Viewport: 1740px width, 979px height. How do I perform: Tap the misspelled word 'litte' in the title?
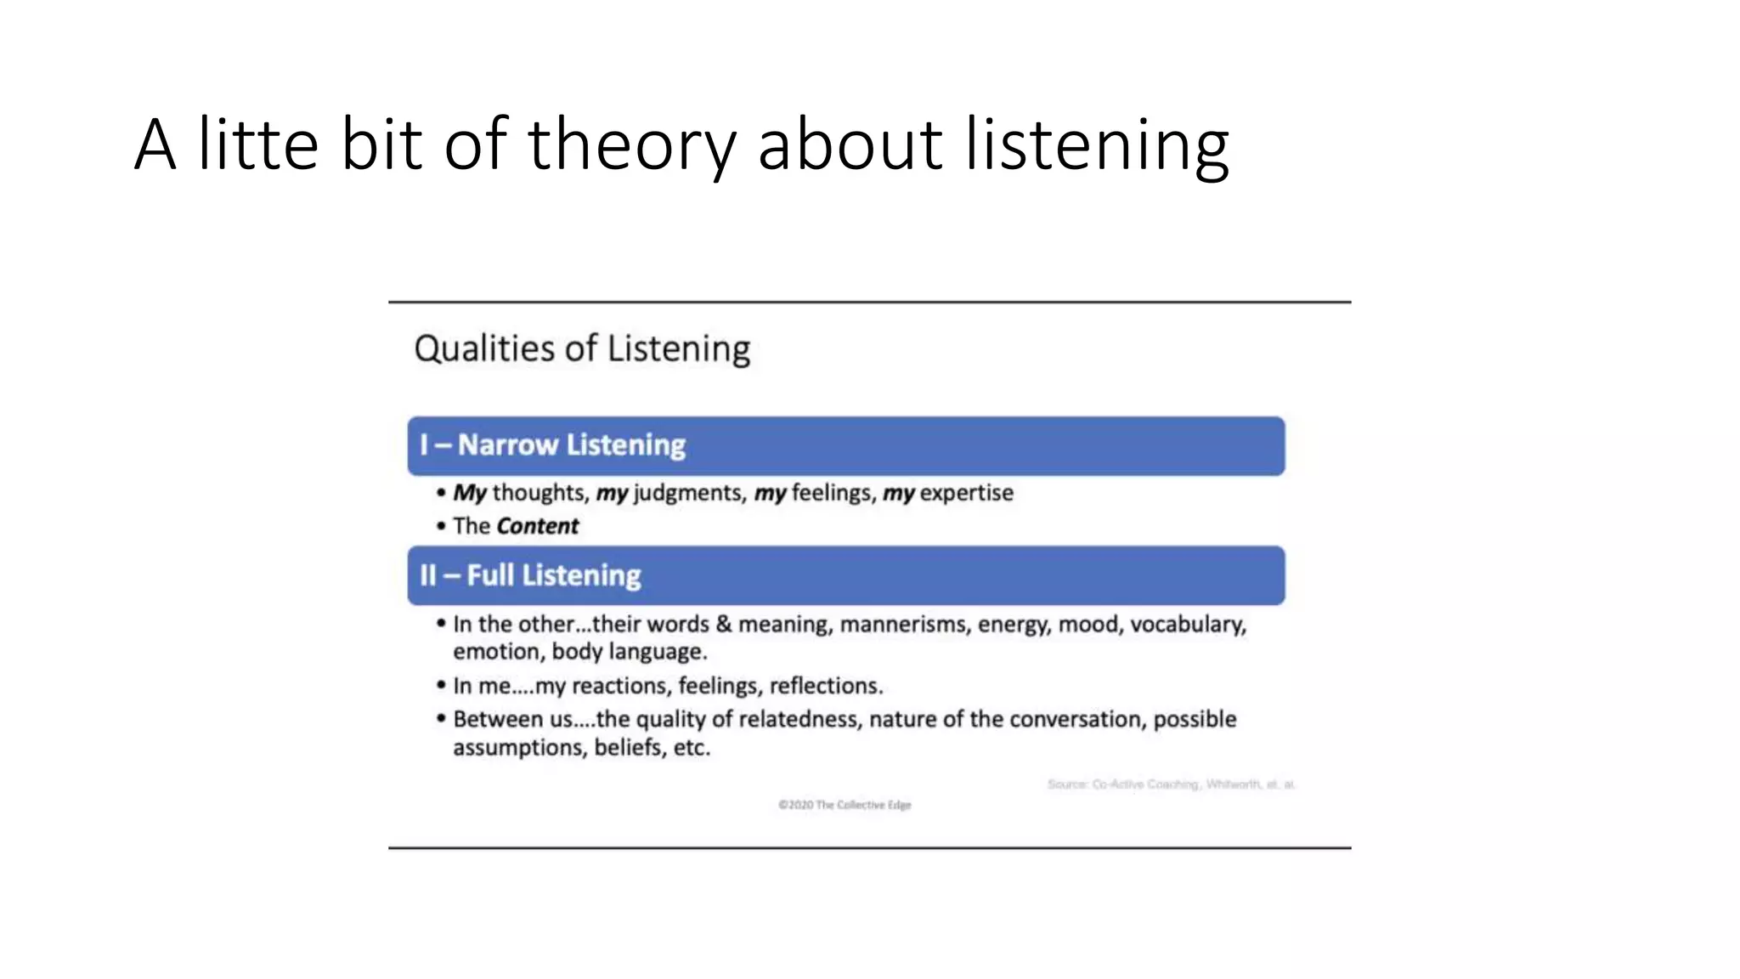point(258,144)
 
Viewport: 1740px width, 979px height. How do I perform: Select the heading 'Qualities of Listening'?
point(582,349)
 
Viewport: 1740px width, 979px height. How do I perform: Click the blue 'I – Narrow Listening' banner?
point(845,446)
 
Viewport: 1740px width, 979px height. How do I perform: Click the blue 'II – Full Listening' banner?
point(845,575)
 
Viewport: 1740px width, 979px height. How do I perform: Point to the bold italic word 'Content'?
point(537,526)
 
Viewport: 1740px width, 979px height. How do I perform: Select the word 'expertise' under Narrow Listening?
point(966,493)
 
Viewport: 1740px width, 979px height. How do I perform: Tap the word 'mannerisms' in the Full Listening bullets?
point(904,625)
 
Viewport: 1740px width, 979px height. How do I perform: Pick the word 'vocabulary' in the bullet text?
point(1187,625)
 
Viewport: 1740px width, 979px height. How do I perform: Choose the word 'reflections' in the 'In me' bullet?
point(825,686)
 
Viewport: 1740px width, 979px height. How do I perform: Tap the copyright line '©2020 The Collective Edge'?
point(845,805)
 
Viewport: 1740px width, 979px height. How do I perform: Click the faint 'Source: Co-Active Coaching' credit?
point(1171,784)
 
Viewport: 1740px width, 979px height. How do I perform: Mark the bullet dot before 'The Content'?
point(441,526)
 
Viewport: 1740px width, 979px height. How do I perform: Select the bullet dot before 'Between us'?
point(441,719)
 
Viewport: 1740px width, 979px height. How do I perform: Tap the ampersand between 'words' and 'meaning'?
point(723,625)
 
